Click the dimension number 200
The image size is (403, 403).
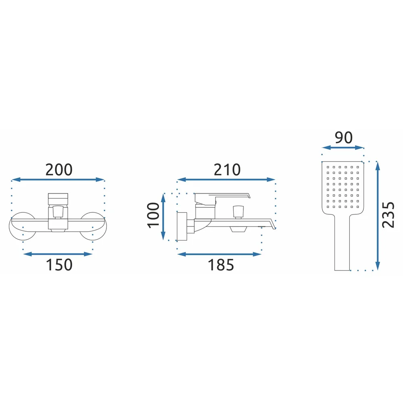click(59, 170)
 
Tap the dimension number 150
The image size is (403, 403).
click(59, 265)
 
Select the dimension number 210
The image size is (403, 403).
click(227, 170)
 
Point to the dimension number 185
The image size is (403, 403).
click(221, 265)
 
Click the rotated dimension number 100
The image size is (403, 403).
click(154, 215)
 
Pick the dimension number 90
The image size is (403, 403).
click(343, 137)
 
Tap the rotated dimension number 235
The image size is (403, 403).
click(388, 215)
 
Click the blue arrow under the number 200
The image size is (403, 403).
click(58, 179)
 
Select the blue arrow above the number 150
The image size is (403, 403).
click(58, 254)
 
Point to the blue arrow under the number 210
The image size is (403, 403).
click(226, 179)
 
